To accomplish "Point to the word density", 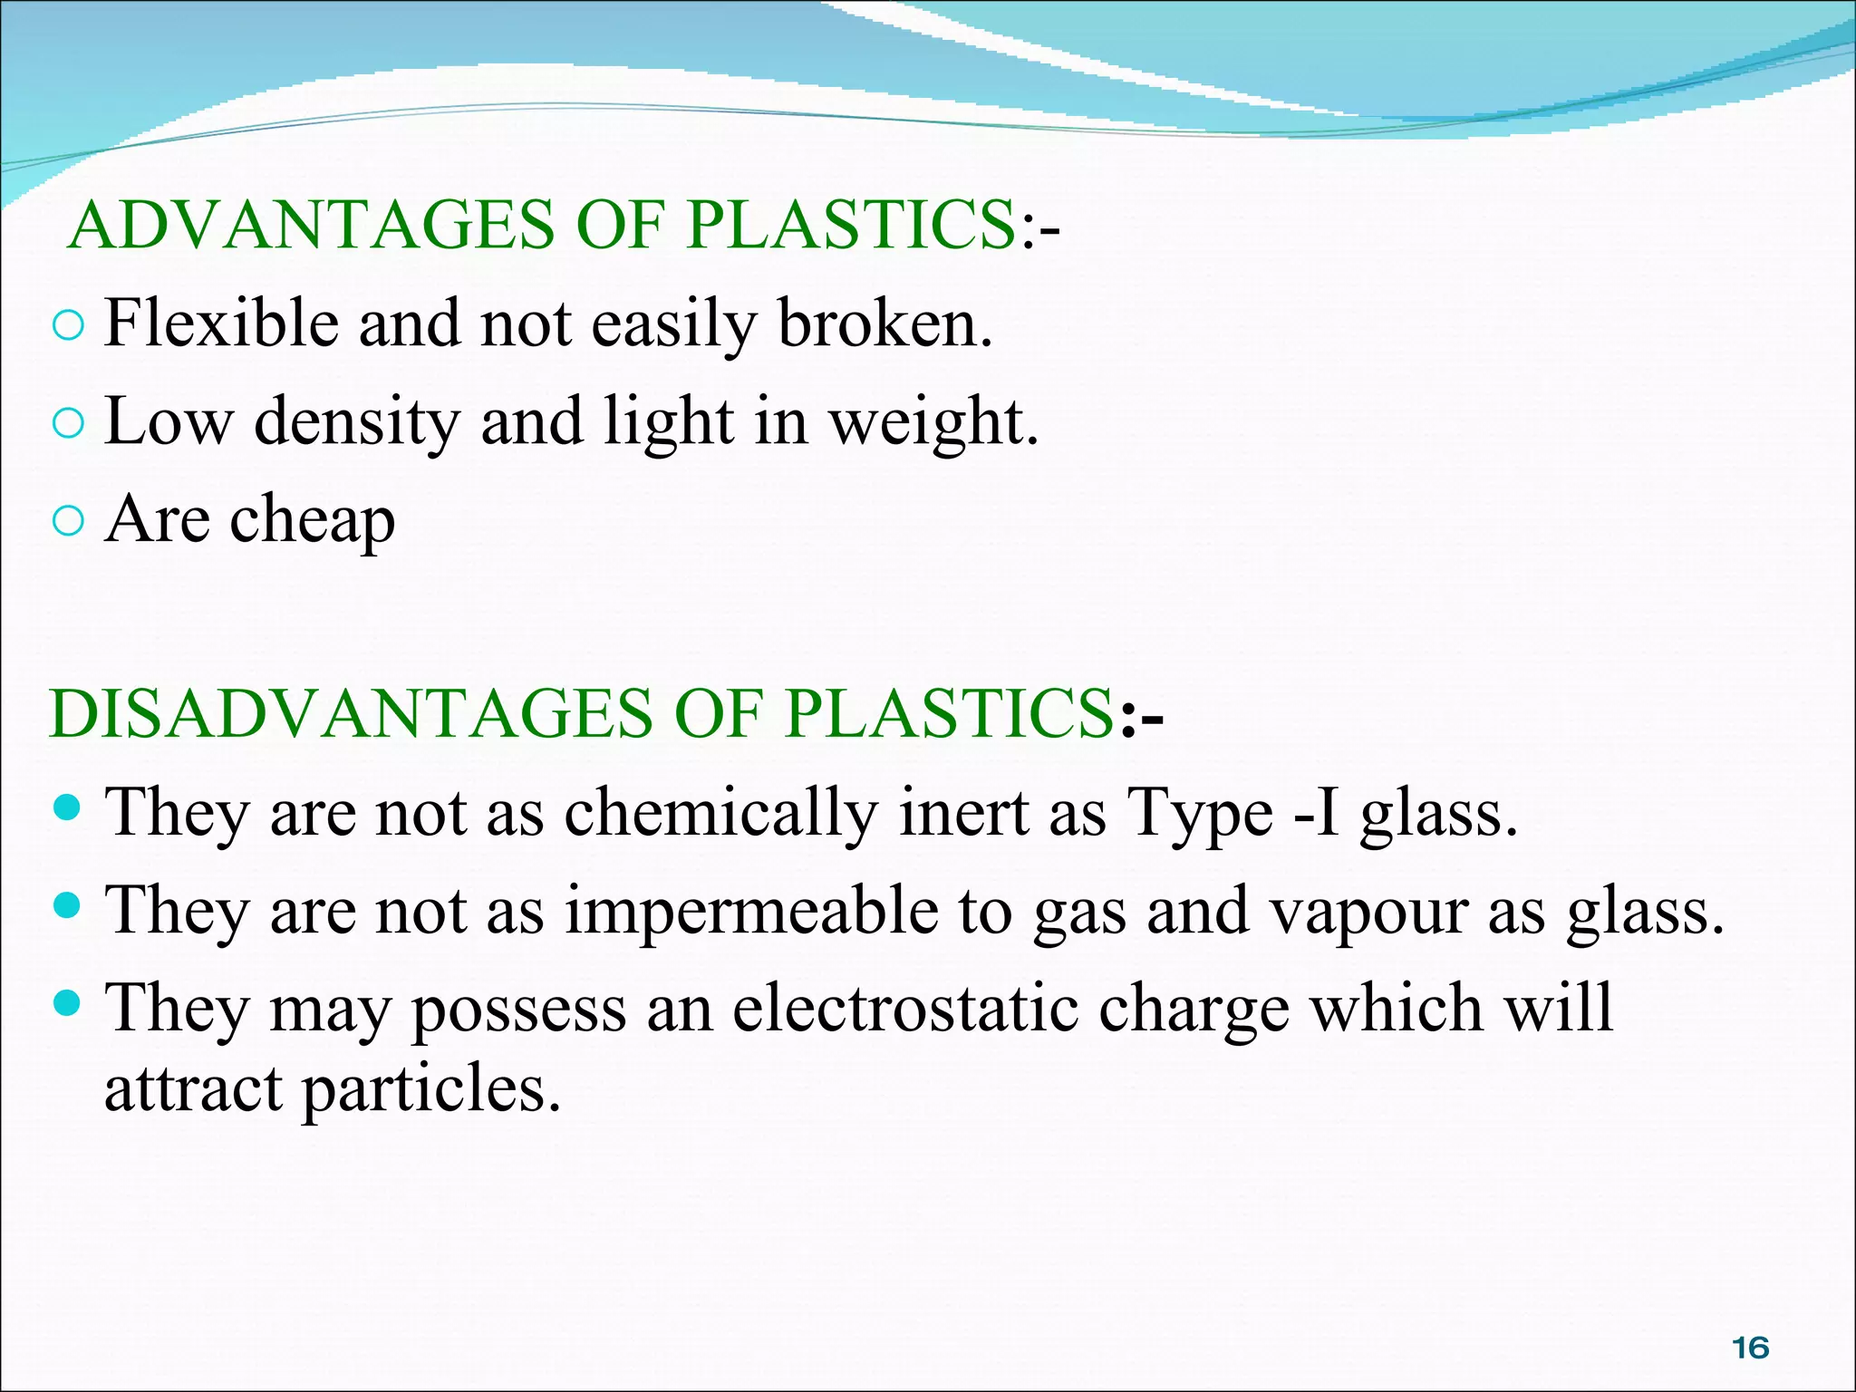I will click(356, 422).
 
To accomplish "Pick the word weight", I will click(933, 422).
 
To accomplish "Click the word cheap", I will click(313, 521).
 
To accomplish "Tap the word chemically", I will click(720, 813).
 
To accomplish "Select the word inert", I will click(963, 811).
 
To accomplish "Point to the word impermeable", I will click(751, 911).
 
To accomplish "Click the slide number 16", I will click(1751, 1348).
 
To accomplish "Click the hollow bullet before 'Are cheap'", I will click(68, 521).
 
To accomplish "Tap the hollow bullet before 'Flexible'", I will click(68, 325).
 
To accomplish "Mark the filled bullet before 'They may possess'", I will click(68, 1003).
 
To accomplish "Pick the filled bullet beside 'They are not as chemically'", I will click(68, 807).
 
